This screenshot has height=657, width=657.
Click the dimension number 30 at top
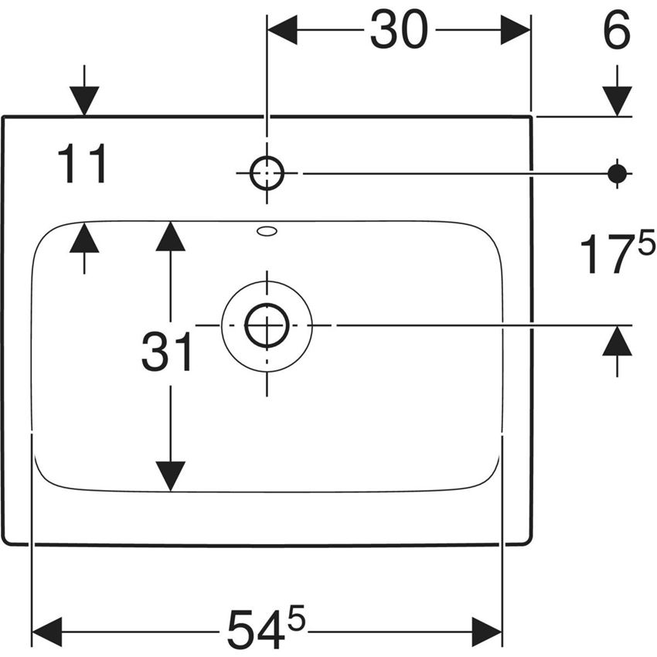tap(398, 32)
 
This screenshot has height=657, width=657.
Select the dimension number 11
tap(82, 165)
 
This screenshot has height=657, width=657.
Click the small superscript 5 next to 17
tap(646, 245)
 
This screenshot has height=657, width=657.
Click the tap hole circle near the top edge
tap(267, 174)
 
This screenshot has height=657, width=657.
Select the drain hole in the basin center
tap(267, 325)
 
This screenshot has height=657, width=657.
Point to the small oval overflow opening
tap(267, 230)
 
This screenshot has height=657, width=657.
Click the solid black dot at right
tap(617, 174)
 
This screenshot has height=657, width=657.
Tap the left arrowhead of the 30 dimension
tap(282, 31)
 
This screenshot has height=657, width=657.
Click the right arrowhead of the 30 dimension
tap(516, 31)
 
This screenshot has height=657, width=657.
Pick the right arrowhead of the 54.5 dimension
tap(488, 631)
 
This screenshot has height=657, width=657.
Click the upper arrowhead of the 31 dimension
tap(170, 236)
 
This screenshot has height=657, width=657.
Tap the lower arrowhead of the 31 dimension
tap(170, 476)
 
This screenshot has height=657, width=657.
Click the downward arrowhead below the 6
tap(617, 101)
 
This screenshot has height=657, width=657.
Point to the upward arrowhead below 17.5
tap(617, 341)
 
